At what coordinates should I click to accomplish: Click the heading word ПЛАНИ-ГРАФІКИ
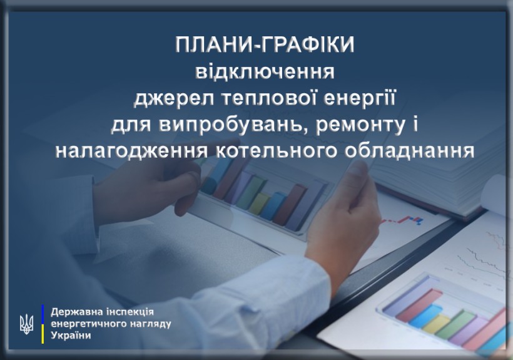(x=265, y=45)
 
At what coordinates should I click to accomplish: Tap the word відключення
(x=265, y=72)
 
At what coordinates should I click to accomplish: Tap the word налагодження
(x=132, y=152)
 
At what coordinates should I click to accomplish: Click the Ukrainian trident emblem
(x=26, y=324)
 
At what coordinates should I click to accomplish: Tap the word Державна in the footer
(x=76, y=312)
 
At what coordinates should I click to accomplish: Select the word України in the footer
(x=71, y=336)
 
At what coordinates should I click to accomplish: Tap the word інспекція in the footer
(x=130, y=312)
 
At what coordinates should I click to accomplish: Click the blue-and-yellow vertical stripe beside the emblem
(x=43, y=324)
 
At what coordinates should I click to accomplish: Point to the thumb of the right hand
(x=357, y=183)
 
